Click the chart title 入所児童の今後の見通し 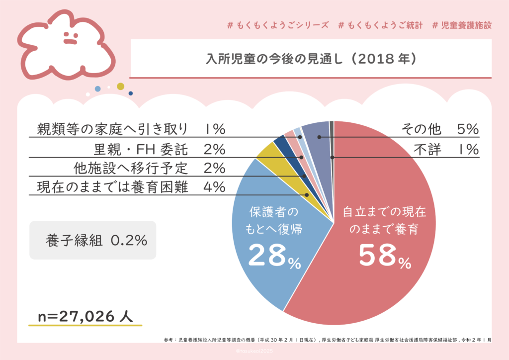pos(311,59)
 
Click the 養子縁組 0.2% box pos(92,240)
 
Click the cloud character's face pos(70,38)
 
